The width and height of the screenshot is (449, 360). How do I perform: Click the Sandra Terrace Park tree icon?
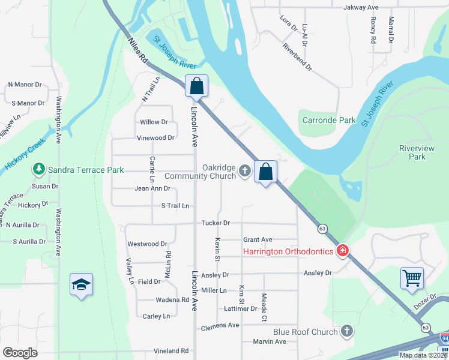[40, 170]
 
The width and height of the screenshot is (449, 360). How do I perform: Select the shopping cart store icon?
[412, 277]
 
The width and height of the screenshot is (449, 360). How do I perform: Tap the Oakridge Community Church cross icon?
[244, 172]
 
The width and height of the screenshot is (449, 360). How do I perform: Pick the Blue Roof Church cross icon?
[347, 331]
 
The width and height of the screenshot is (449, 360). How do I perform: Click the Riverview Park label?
[412, 152]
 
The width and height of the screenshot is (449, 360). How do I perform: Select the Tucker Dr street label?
[215, 223]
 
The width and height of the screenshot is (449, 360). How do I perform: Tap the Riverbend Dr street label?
[297, 57]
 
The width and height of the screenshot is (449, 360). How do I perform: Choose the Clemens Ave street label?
[220, 325]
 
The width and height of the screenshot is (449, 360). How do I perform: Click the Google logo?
[20, 353]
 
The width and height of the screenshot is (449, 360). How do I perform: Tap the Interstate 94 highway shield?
[444, 338]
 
